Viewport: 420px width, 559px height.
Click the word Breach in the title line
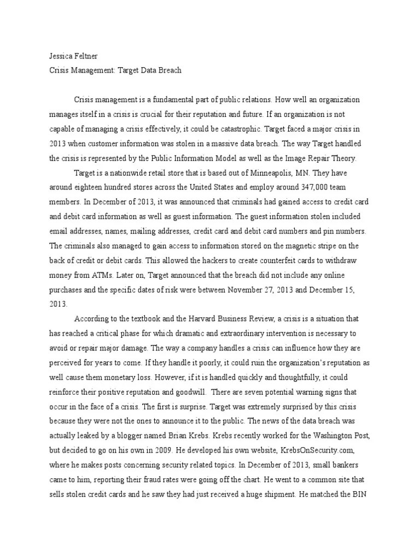[169, 71]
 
